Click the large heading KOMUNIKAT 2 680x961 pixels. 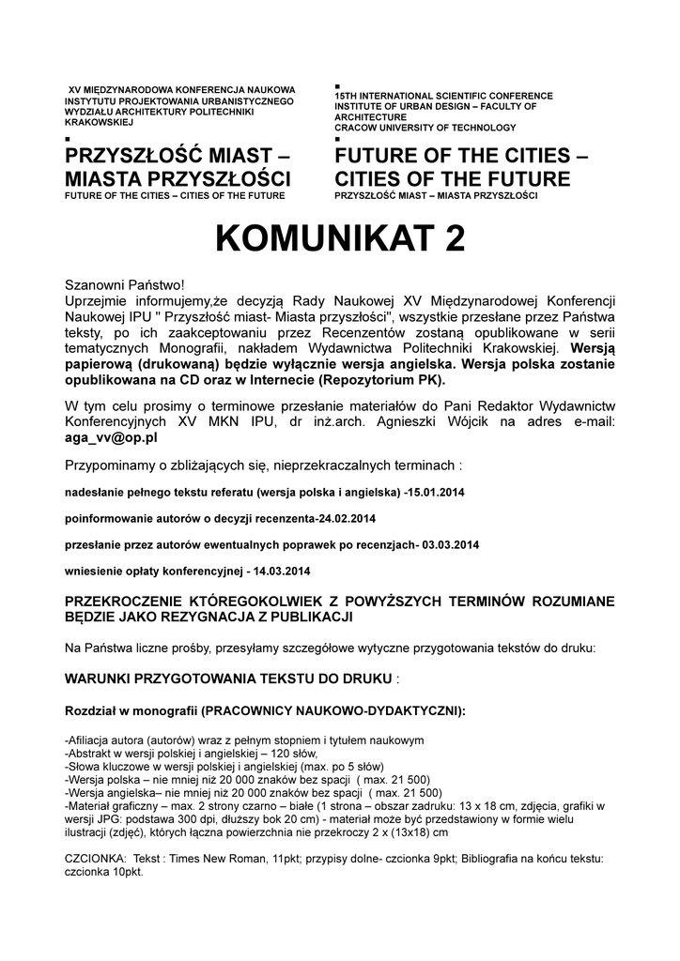coord(339,239)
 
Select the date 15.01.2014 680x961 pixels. coord(441,492)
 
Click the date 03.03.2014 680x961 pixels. coord(451,544)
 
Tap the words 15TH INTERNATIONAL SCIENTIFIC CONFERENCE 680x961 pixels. coord(443,97)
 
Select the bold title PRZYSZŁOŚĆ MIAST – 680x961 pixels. coord(178,155)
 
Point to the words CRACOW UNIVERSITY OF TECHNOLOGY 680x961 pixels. coord(425,128)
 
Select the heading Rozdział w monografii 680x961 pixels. coord(129,710)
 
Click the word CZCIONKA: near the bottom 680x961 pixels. coord(95,859)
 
